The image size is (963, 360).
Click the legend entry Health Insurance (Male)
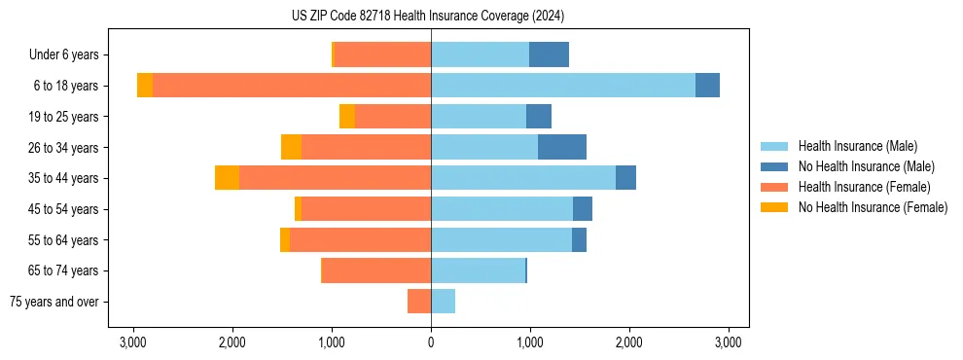click(857, 146)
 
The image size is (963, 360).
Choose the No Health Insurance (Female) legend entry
click(873, 207)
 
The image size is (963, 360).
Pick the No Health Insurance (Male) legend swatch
click(775, 166)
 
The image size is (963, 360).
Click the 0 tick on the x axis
click(431, 342)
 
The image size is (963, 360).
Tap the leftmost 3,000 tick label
click(133, 342)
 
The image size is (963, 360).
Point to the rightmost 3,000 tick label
click(729, 342)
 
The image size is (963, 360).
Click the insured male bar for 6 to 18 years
click(563, 86)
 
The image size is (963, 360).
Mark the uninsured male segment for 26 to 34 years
click(562, 147)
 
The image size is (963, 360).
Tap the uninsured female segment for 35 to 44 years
click(228, 178)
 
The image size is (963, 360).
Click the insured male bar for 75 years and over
click(444, 302)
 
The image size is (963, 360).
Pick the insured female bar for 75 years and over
click(419, 302)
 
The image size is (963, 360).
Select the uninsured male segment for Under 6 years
click(549, 55)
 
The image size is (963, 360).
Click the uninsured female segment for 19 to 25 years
click(347, 117)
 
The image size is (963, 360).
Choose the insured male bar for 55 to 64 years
click(501, 239)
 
